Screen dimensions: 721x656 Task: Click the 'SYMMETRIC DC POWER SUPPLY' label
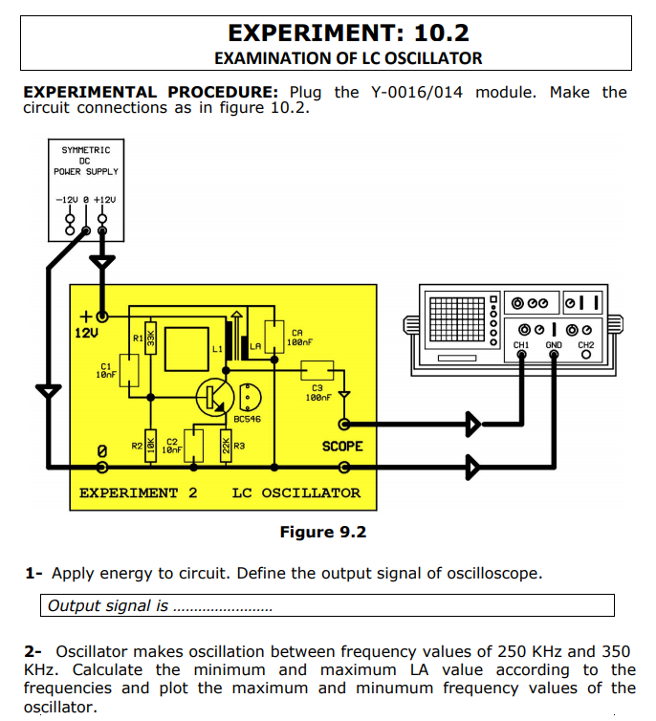[x=86, y=161]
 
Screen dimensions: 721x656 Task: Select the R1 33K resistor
[x=149, y=339]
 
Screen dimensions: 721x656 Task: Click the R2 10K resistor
[x=149, y=448]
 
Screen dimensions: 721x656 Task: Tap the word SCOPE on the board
[x=342, y=446]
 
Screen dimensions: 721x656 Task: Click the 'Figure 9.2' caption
[x=322, y=532]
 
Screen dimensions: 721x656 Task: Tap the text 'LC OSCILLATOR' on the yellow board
[x=296, y=493]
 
